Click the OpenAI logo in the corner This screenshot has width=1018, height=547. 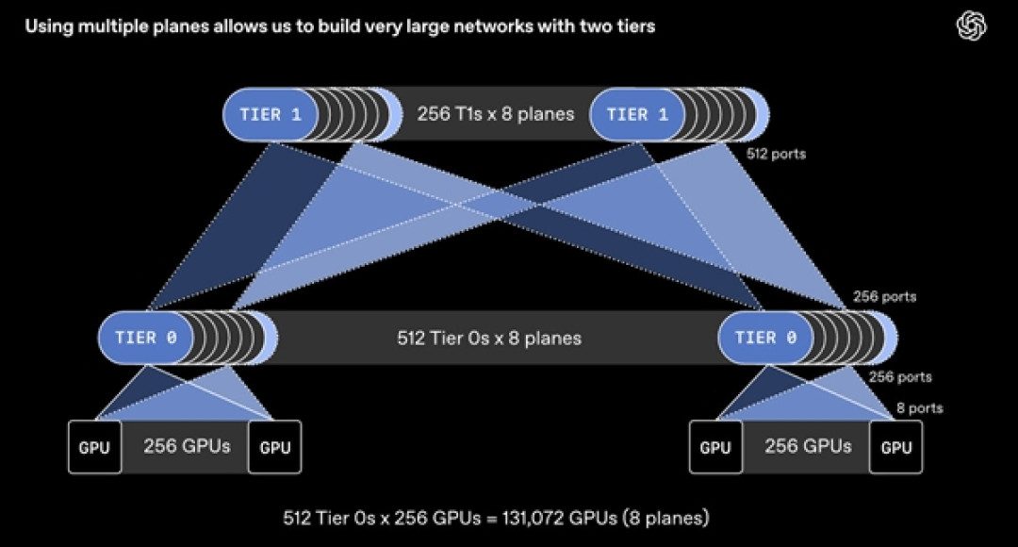(971, 26)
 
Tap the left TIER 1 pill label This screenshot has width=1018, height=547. (271, 114)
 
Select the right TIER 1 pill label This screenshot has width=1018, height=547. (637, 114)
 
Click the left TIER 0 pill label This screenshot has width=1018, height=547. (145, 338)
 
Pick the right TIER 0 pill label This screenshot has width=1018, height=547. (765, 338)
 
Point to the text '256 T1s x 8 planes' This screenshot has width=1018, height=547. (496, 114)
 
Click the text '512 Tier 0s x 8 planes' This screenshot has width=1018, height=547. (489, 338)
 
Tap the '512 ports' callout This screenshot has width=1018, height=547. (776, 154)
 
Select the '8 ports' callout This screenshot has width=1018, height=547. (920, 408)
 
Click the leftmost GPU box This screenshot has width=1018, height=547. (95, 447)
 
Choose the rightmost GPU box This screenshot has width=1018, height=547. (896, 447)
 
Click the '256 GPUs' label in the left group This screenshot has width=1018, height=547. (187, 446)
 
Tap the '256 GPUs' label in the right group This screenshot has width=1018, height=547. (808, 446)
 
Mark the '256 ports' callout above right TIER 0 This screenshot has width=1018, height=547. (884, 296)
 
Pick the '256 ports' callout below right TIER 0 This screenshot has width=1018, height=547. (900, 377)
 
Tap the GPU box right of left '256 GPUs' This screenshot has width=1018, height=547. (274, 447)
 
